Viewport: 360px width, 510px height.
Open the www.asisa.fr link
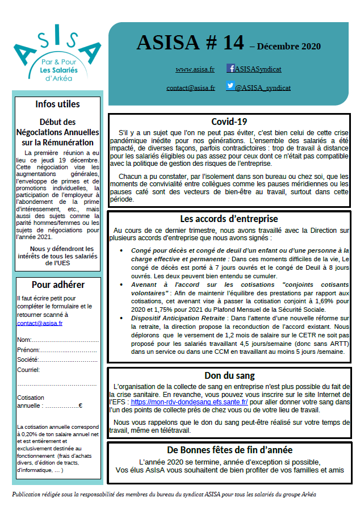tap(195, 69)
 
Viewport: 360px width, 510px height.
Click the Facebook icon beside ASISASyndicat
tap(231, 68)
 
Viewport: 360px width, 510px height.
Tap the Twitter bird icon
tap(231, 86)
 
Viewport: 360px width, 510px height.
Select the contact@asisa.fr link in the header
tap(191, 88)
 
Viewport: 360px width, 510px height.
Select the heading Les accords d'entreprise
tap(229, 219)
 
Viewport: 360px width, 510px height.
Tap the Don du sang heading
tap(229, 375)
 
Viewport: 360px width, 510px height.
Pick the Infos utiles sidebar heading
tap(57, 104)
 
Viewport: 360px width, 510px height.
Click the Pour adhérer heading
tap(58, 285)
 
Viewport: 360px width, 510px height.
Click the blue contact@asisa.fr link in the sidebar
tap(40, 323)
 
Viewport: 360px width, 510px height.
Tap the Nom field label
tap(24, 340)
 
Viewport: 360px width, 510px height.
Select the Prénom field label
tap(28, 350)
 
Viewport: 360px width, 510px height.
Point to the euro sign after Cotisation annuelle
tap(81, 406)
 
